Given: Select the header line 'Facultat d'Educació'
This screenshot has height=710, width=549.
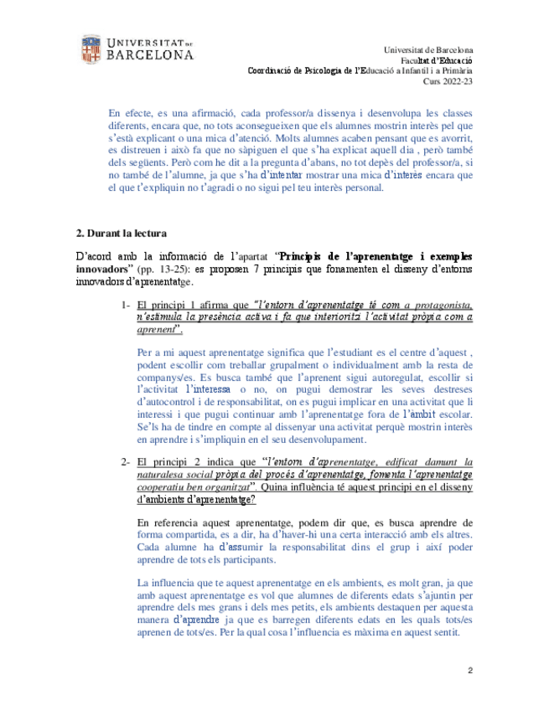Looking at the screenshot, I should tap(436, 60).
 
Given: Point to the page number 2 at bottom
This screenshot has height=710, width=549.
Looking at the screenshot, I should tap(471, 671).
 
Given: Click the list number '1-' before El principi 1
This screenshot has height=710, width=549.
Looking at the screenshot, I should tap(123, 306).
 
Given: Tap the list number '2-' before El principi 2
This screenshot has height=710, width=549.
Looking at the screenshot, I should tap(123, 461).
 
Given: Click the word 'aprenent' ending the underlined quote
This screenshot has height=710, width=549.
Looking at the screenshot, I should tap(157, 330).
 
